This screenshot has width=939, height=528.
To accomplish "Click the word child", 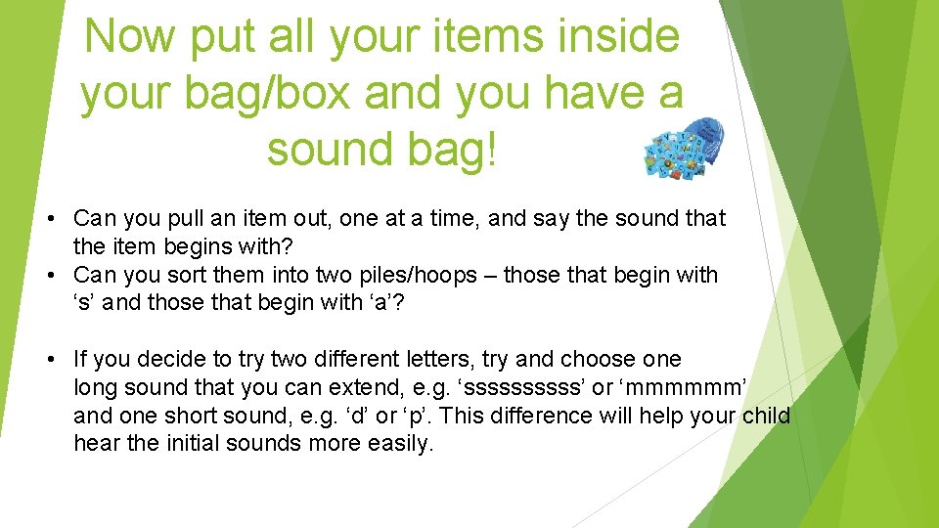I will pos(767,416).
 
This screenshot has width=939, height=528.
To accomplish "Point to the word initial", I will pos(190,444).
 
